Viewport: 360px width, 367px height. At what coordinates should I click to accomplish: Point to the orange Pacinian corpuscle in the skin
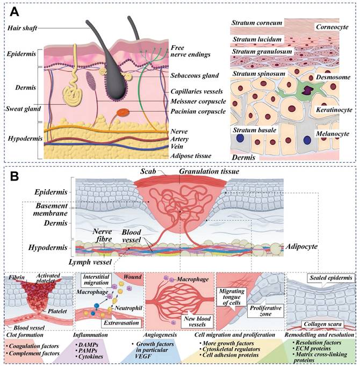(124, 113)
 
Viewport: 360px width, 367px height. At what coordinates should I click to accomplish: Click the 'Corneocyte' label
(331, 26)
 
